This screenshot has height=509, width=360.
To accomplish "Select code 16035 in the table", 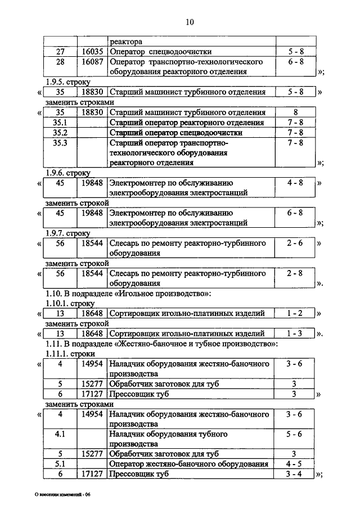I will click(x=91, y=52).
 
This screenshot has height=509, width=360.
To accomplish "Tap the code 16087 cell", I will click(x=91, y=62).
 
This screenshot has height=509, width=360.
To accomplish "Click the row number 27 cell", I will click(x=61, y=52).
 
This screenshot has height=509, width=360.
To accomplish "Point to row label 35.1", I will click(x=60, y=123).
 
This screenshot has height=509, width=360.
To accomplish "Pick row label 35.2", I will click(x=60, y=133).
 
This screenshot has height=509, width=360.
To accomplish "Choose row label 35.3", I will click(x=60, y=143).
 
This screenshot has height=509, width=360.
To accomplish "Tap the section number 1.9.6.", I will click(x=55, y=173).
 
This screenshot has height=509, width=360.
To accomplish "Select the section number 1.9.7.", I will click(x=55, y=233).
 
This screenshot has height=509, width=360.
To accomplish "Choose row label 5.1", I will click(x=60, y=465).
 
